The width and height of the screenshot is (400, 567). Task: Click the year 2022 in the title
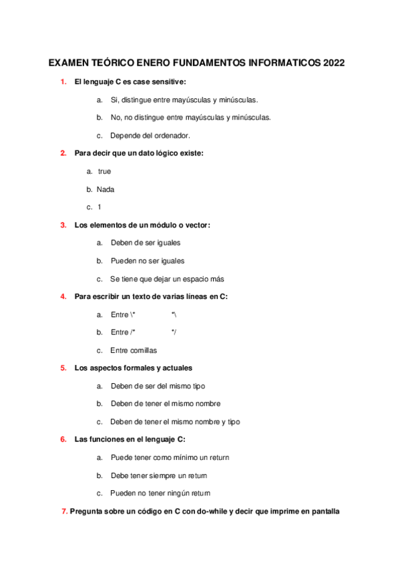(x=333, y=64)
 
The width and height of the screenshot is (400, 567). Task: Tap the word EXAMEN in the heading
(x=69, y=64)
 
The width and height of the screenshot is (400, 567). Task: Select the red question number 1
(x=63, y=82)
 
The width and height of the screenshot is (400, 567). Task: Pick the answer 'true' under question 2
(x=104, y=171)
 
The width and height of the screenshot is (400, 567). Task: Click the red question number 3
(x=63, y=225)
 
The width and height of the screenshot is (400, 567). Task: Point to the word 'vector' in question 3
(x=195, y=225)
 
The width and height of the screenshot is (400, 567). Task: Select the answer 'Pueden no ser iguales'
(x=148, y=261)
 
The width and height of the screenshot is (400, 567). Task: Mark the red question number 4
(x=63, y=296)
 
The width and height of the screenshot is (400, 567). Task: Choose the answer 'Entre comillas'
(x=134, y=350)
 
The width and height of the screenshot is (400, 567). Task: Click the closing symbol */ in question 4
(x=174, y=332)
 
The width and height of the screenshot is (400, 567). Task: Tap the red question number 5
(x=63, y=368)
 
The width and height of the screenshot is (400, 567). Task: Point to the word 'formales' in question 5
(x=137, y=368)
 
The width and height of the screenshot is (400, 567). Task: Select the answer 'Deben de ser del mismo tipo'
(x=158, y=386)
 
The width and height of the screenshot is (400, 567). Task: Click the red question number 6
(x=63, y=439)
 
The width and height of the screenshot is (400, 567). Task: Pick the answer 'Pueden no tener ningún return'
(x=160, y=493)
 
